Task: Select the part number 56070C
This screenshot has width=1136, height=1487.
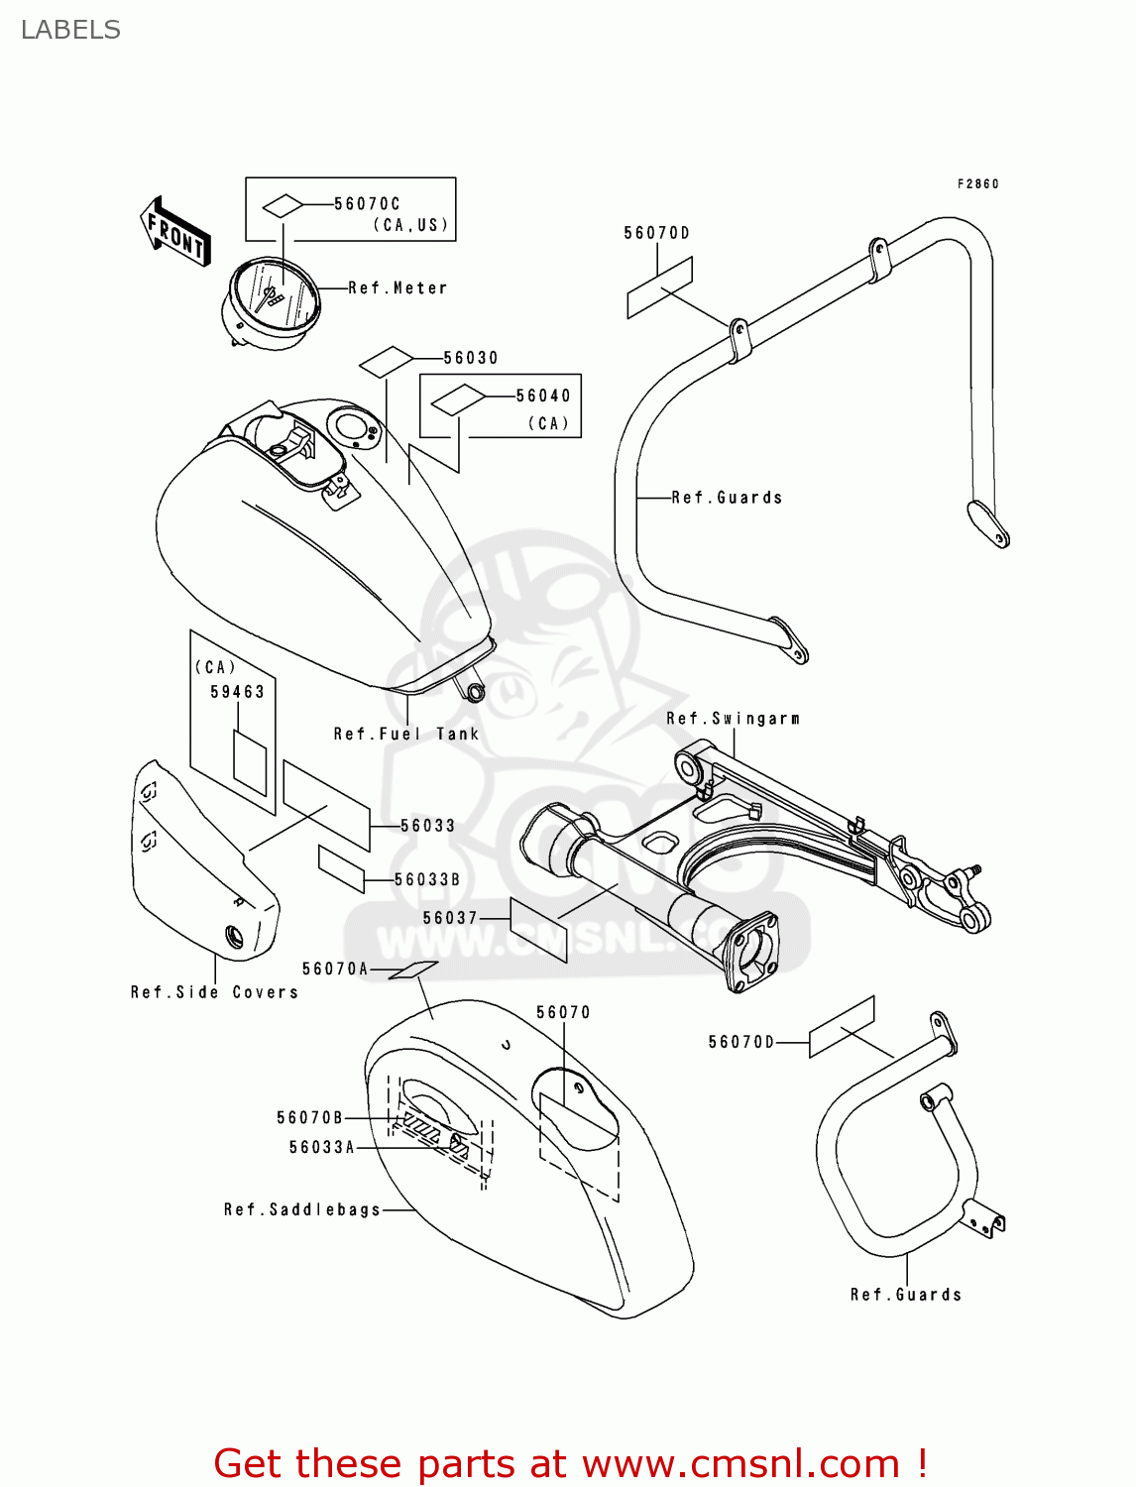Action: [367, 204]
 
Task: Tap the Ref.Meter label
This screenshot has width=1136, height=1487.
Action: [398, 288]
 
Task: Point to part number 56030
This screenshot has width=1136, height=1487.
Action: [470, 358]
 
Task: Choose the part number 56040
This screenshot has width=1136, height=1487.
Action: [542, 396]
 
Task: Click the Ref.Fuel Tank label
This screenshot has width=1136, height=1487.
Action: [405, 735]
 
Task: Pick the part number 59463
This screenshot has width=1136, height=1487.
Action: [237, 692]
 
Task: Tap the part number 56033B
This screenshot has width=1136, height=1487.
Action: [426, 880]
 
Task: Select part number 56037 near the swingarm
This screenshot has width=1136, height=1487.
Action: [450, 918]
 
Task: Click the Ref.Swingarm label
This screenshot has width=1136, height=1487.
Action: [733, 719]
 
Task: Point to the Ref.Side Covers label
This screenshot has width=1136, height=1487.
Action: [214, 992]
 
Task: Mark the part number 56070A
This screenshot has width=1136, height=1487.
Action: [334, 969]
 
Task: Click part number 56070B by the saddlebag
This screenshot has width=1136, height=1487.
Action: [309, 1118]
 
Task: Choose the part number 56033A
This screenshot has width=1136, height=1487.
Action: [321, 1148]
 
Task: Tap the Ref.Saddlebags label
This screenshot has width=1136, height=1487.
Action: [302, 1209]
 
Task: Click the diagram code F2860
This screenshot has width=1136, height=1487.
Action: [977, 184]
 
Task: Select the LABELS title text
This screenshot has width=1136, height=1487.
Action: [70, 30]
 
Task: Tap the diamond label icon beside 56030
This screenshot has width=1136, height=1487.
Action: [387, 361]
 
